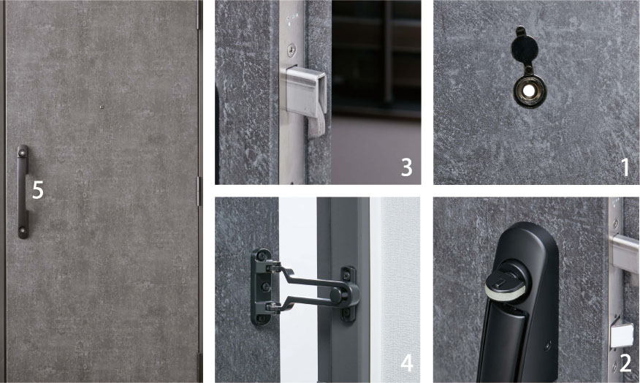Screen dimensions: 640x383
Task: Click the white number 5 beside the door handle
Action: pyautogui.click(x=37, y=190)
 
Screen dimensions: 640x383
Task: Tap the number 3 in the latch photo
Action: pyautogui.click(x=406, y=167)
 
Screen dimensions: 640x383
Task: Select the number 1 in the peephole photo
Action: pyautogui.click(x=625, y=167)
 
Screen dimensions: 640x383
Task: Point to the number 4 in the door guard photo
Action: pyautogui.click(x=407, y=363)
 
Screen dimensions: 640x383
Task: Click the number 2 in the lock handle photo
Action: pyautogui.click(x=625, y=363)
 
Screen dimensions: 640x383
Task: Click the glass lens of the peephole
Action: pyautogui.click(x=529, y=91)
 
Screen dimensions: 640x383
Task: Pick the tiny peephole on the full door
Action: pyautogui.click(x=102, y=107)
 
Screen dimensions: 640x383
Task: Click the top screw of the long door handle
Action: pyautogui.click(x=23, y=153)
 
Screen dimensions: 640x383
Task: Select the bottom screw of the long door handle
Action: pyautogui.click(x=23, y=231)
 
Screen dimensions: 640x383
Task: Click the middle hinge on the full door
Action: pyautogui.click(x=199, y=191)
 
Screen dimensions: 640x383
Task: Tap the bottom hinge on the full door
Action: pyautogui.click(x=200, y=367)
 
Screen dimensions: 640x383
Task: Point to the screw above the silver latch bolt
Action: pyautogui.click(x=292, y=50)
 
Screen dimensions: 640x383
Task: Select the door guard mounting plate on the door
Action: pyautogui.click(x=262, y=287)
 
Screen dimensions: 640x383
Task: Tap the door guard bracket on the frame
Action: pyautogui.click(x=348, y=294)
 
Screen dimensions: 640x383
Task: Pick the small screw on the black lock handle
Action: pyautogui.click(x=548, y=346)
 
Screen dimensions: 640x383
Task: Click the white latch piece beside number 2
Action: pyautogui.click(x=622, y=335)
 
